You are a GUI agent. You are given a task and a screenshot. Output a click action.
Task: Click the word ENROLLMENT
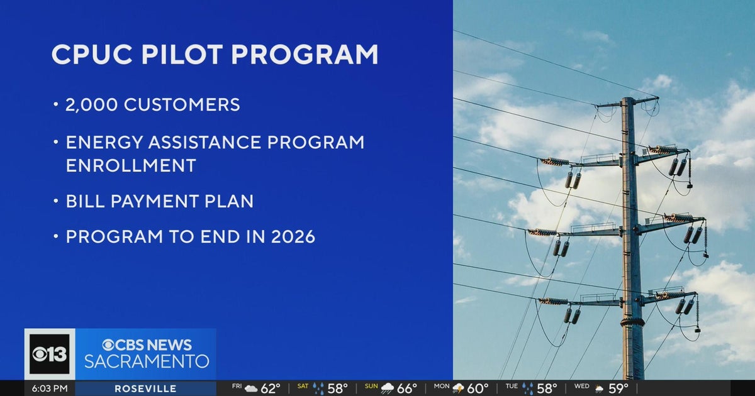click(x=131, y=166)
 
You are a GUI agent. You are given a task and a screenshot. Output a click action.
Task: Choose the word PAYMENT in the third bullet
click(x=162, y=202)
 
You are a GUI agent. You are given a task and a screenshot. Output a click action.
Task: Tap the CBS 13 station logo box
click(x=50, y=354)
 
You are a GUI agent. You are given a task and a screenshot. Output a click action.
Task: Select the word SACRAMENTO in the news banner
click(x=147, y=362)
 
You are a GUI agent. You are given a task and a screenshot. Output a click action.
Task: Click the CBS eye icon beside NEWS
click(x=108, y=344)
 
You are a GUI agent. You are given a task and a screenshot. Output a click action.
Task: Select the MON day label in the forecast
click(x=442, y=387)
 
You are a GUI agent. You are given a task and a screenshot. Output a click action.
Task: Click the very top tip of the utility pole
click(x=627, y=98)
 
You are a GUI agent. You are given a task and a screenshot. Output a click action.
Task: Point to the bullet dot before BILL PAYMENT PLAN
click(x=55, y=202)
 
